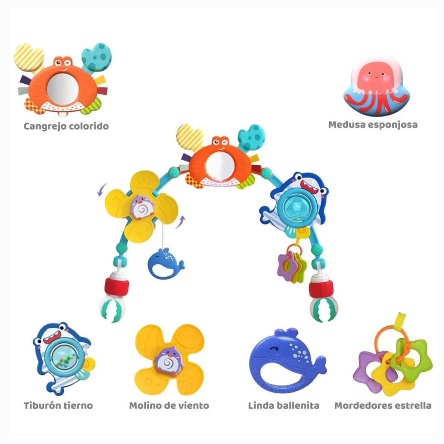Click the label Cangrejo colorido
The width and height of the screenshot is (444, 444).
point(66,127)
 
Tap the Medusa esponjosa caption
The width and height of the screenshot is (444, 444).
point(373,125)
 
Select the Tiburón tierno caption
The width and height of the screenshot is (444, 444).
point(58,405)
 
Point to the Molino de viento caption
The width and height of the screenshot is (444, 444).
point(169,405)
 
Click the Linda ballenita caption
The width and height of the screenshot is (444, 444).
point(284,405)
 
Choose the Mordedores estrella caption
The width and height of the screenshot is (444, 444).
point(383,405)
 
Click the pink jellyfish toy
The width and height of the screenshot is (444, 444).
point(375,88)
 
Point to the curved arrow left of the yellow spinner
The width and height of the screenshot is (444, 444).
point(102,189)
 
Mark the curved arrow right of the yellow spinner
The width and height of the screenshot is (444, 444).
point(180,222)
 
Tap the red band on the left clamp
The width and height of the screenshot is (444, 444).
point(116,286)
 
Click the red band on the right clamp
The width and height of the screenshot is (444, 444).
point(321,289)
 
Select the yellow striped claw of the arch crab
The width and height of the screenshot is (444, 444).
point(189,137)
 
